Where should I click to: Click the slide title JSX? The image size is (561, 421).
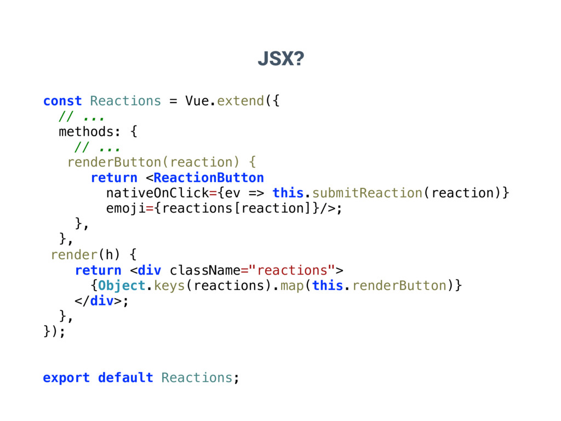pos(280,59)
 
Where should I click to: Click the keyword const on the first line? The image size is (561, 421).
pos(62,101)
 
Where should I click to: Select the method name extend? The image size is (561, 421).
pos(241,101)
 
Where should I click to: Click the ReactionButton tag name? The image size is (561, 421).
pos(209,178)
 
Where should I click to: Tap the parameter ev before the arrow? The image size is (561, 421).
pos(232,193)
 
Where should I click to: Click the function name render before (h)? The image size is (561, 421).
pos(74,254)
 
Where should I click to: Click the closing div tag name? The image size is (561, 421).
pos(102,301)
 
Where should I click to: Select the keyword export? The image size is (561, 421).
pos(66,378)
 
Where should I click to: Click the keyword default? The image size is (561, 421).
pos(125,378)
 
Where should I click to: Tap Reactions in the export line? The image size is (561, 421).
pos(197,378)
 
